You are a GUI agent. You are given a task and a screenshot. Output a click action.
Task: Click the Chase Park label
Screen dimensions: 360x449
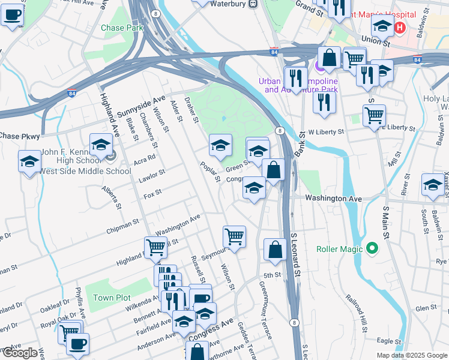tap(122, 28)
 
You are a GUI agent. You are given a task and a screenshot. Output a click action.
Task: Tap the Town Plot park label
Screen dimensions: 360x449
tap(112, 298)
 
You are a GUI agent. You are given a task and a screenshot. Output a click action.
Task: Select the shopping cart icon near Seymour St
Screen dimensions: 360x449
tap(234, 235)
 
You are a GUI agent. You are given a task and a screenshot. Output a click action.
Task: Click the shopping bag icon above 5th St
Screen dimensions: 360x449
tap(275, 250)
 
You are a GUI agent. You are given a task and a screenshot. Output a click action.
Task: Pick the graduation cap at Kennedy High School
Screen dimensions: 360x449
tap(101, 145)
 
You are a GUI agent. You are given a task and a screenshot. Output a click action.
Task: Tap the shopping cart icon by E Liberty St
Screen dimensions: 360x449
tap(375, 115)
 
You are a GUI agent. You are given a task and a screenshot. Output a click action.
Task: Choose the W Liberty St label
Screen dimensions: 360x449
tap(325, 132)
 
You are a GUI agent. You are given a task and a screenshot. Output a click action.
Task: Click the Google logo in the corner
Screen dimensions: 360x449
tap(20, 353)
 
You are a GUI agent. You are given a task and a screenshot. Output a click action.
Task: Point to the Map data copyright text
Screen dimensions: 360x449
tap(412, 355)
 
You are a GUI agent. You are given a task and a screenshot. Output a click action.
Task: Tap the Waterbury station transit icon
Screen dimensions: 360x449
tap(253, 3)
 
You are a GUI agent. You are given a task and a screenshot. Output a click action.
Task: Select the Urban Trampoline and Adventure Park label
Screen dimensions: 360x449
tap(298, 85)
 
